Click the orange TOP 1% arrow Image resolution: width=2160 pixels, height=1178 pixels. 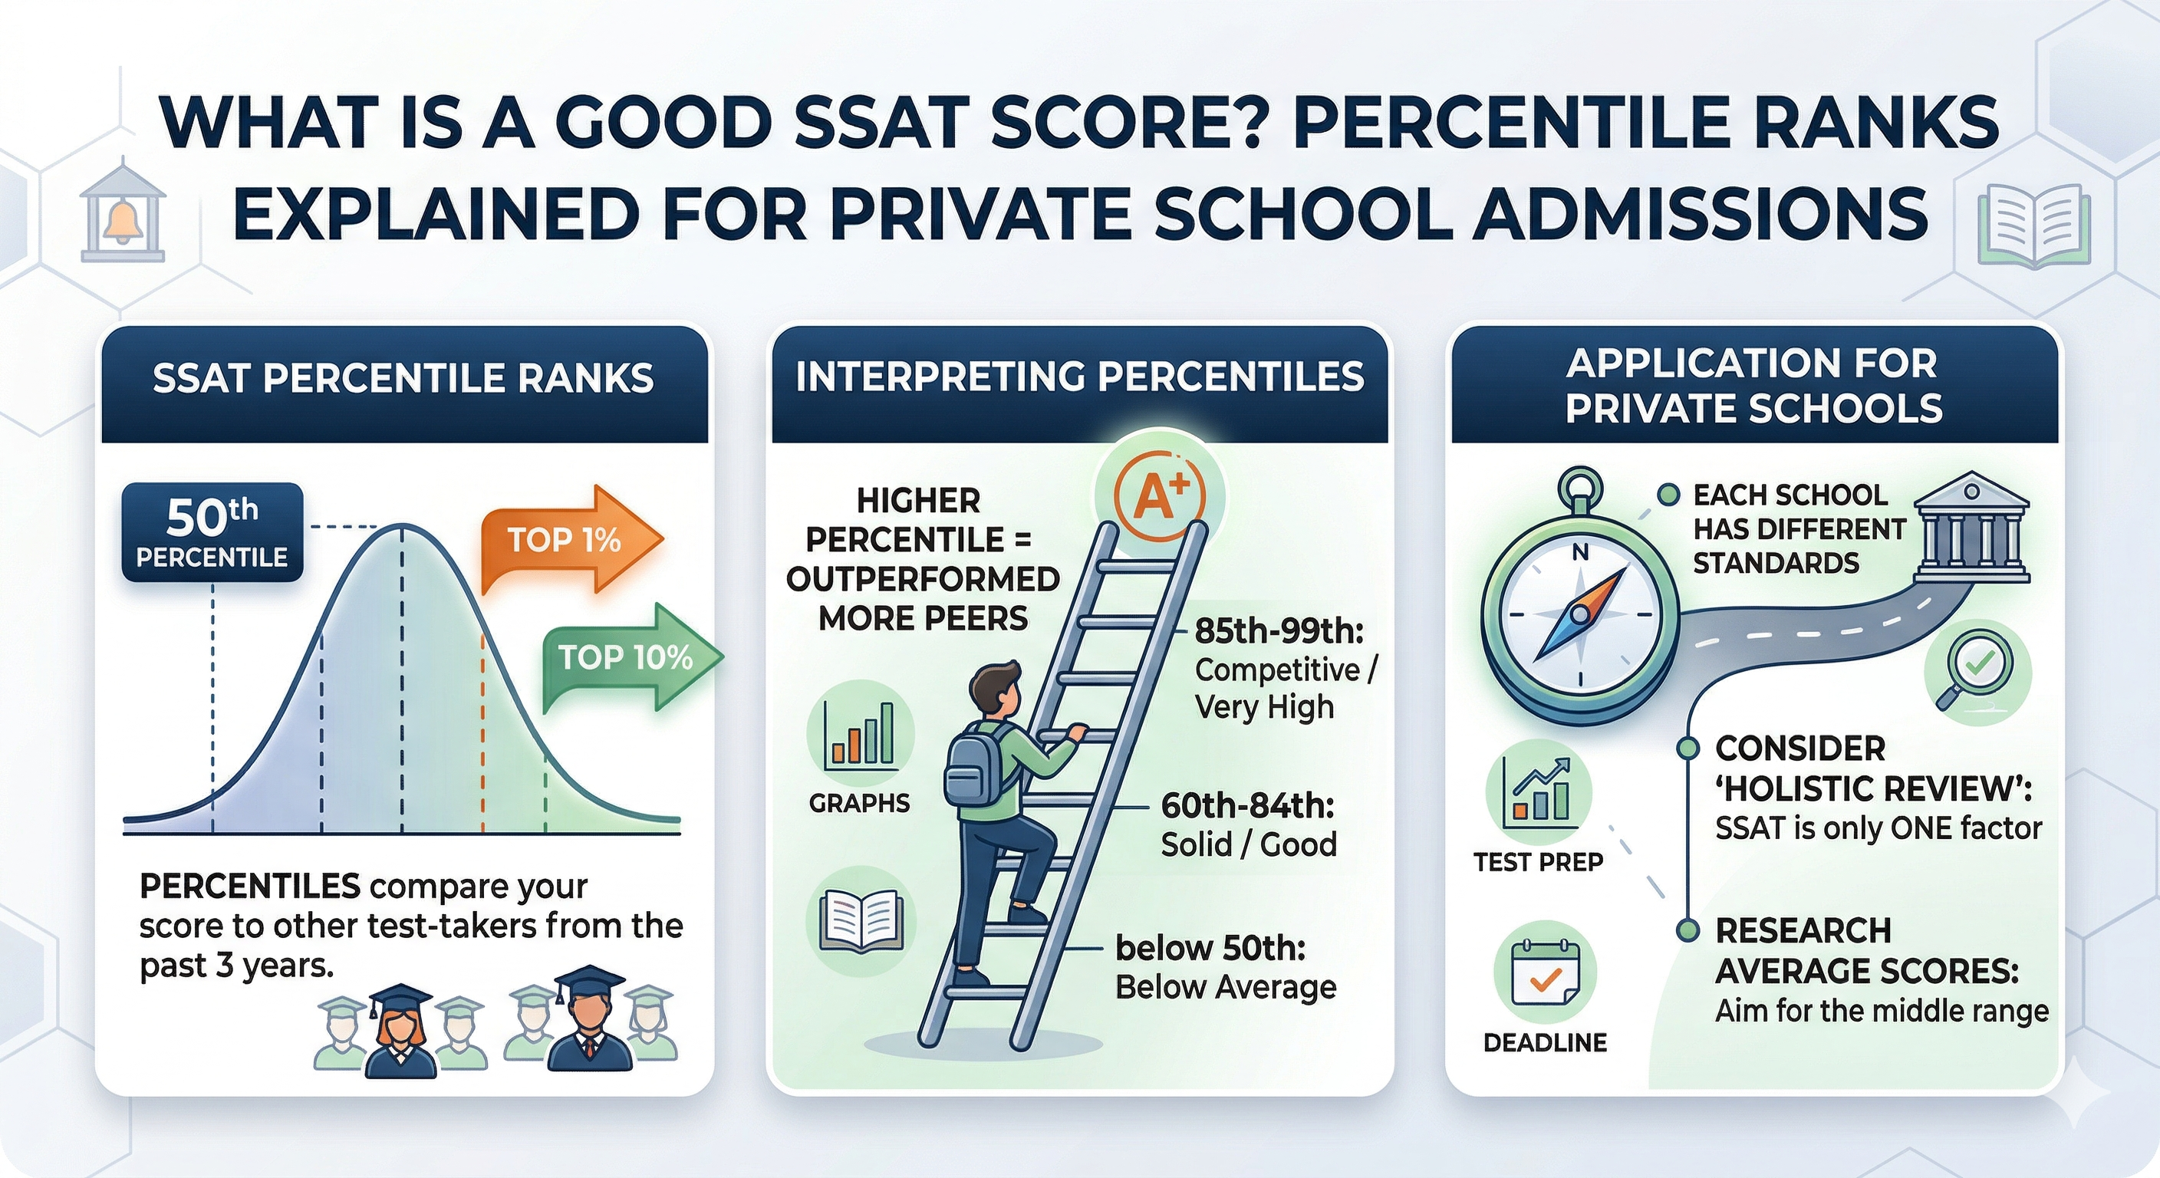[x=572, y=540]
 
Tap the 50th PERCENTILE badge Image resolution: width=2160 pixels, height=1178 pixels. [x=212, y=532]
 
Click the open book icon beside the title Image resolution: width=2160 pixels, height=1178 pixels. [x=2033, y=226]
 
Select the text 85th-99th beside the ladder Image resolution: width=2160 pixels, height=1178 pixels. [x=1279, y=630]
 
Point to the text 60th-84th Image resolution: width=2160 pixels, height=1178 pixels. [x=1248, y=806]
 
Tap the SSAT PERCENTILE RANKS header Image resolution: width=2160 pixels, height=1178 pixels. [x=403, y=378]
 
